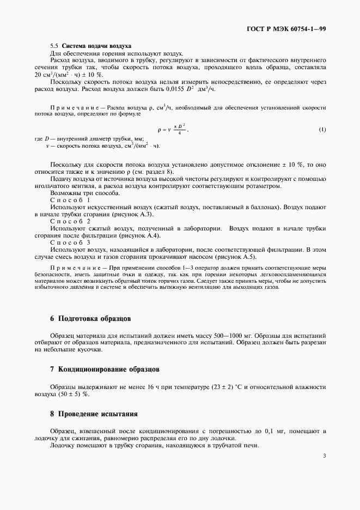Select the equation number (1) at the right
(x=322, y=130)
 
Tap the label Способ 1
(x=70, y=201)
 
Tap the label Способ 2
(x=70, y=221)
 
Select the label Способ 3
(x=70, y=242)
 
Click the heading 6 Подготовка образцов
(x=90, y=318)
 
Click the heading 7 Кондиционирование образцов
(x=105, y=369)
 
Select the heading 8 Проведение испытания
(x=94, y=414)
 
